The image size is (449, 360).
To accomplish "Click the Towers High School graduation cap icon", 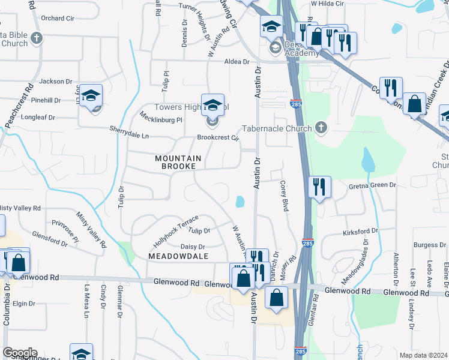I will click(x=212, y=106).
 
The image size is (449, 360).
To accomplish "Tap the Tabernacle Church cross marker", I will click(x=321, y=128).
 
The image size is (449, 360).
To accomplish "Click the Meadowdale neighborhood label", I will click(x=178, y=256).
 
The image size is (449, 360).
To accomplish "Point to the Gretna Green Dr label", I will click(x=373, y=186).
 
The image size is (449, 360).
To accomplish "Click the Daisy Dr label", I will click(x=193, y=247).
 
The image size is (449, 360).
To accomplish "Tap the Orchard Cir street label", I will click(x=58, y=19).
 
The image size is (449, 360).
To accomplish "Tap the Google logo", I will click(x=19, y=353).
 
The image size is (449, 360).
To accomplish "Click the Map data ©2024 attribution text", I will click(x=423, y=355).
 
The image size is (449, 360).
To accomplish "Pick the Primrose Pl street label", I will click(x=65, y=229).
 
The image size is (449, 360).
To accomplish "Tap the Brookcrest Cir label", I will click(x=218, y=137).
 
